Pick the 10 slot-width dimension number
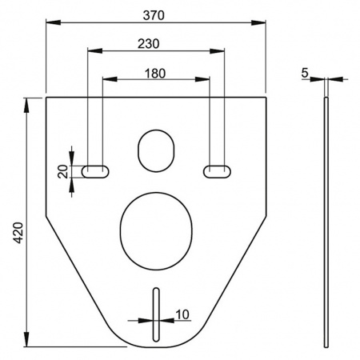[x=182, y=314]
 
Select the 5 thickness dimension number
[x=305, y=73]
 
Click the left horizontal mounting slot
[x=95, y=170]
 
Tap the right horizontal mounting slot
[x=217, y=170]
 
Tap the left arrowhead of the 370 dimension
[x=50, y=23]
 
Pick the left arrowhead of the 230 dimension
[x=88, y=54]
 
